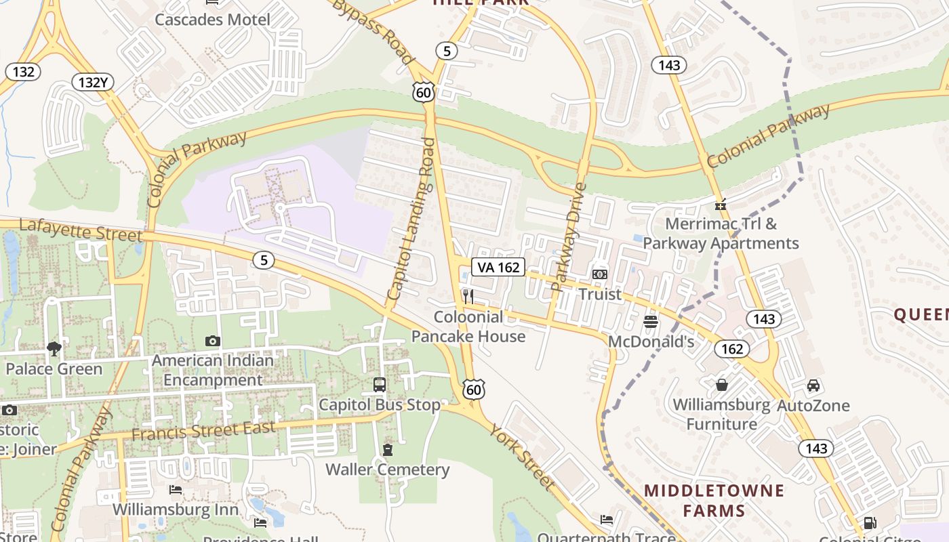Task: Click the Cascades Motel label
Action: coord(212,19)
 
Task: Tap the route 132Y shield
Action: coord(93,83)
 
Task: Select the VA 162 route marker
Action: coord(499,267)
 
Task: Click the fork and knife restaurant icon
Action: coord(468,296)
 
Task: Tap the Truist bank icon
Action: coord(600,274)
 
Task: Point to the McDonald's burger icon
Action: coord(651,321)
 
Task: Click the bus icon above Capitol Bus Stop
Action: coord(380,385)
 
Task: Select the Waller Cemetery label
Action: coord(387,470)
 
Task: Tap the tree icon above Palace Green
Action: coord(54,349)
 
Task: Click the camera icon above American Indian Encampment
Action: coord(213,341)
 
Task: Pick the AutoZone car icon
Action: coord(813,385)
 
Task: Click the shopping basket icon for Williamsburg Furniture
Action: coord(722,385)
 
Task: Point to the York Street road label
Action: coord(521,457)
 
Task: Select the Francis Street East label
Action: coord(203,430)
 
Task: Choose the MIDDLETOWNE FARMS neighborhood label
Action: coord(714,500)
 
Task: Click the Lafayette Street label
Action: coord(81,230)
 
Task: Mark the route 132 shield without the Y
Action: coord(23,72)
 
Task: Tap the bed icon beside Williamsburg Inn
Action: coord(176,490)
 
